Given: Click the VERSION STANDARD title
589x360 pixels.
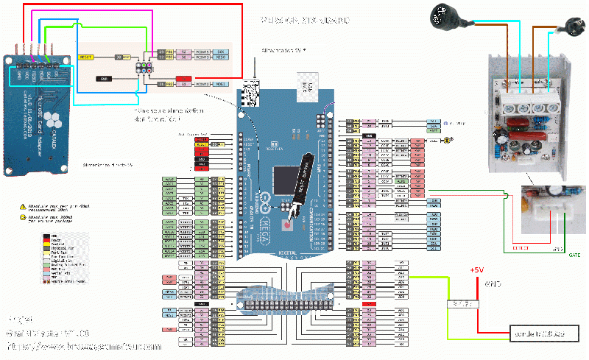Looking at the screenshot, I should click(305, 21).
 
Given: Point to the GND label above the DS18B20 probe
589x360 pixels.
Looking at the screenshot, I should click(493, 283).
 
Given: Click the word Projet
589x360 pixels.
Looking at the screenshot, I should click(20, 320).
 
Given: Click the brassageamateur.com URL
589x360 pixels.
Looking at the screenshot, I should click(83, 345).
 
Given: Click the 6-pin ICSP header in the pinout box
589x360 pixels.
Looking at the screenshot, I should click(144, 67).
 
